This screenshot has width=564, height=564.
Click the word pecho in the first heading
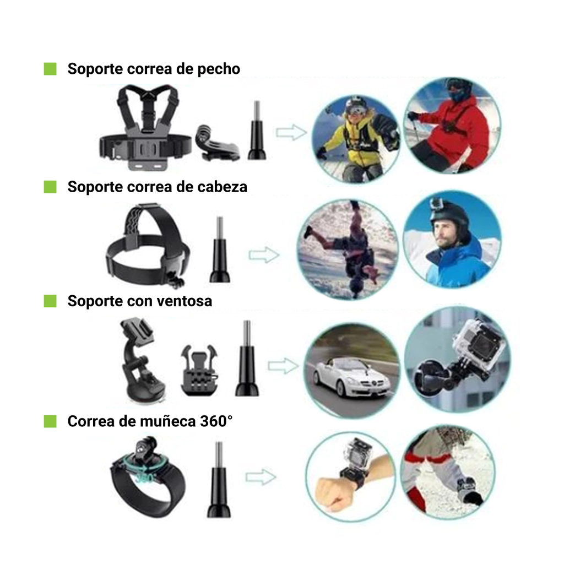coord(219,69)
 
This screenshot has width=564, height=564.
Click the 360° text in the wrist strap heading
coord(216,421)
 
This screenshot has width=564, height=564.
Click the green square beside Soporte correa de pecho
coord(50,69)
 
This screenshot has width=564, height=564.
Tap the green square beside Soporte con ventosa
coord(50,301)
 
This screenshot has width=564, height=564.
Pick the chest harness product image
coord(145,127)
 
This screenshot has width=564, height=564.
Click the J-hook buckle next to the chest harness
coord(216,143)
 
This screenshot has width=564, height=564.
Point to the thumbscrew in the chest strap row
coord(257,130)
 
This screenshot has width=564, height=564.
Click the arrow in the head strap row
coord(264,255)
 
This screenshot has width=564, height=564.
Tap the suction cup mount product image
coord(142,360)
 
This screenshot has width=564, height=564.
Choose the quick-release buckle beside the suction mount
coord(199,370)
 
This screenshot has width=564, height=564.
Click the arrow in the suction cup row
coord(283,366)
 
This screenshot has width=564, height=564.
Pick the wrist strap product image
coord(148,477)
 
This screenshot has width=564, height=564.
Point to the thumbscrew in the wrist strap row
coord(219,480)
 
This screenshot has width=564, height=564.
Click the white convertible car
coord(351,376)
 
